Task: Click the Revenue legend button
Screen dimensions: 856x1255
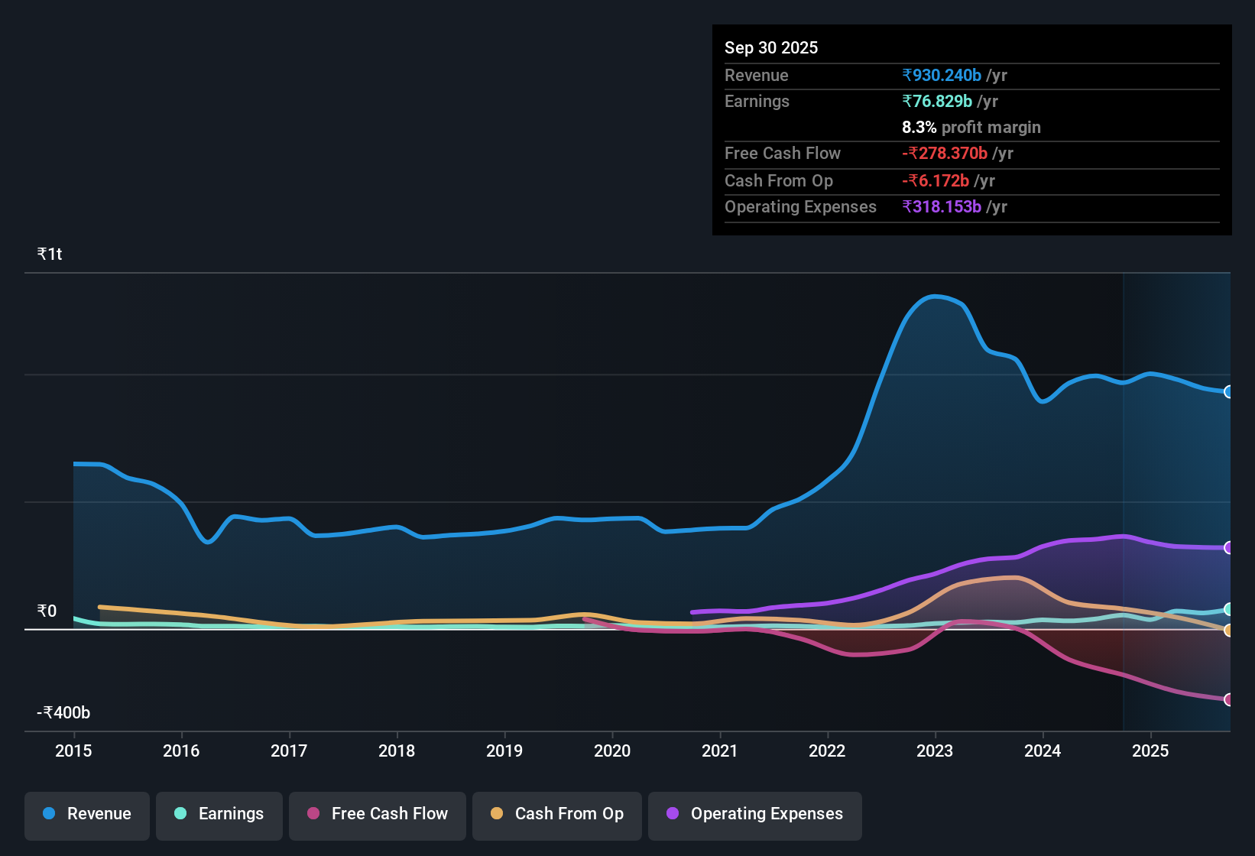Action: pyautogui.click(x=87, y=814)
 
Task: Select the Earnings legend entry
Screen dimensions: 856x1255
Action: pyautogui.click(x=219, y=814)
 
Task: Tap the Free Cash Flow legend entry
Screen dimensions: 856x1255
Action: pyautogui.click(x=378, y=814)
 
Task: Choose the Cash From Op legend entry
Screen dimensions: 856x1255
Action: pyautogui.click(x=557, y=814)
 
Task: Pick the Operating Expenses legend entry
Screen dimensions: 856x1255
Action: pyautogui.click(x=755, y=814)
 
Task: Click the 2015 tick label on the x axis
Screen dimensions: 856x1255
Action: pyautogui.click(x=73, y=751)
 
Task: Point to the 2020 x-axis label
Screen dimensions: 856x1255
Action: pyautogui.click(x=612, y=751)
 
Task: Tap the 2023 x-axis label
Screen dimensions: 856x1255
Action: pyautogui.click(x=935, y=751)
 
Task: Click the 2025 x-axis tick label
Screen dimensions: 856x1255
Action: pyautogui.click(x=1150, y=751)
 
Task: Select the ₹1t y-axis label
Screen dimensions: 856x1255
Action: pyautogui.click(x=50, y=255)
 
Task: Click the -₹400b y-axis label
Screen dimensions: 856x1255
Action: pyautogui.click(x=63, y=712)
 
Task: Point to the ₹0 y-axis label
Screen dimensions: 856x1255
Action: pyautogui.click(x=47, y=611)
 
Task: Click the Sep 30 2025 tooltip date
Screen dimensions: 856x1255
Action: pyautogui.click(x=771, y=47)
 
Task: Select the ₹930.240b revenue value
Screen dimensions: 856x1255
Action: pyautogui.click(x=942, y=75)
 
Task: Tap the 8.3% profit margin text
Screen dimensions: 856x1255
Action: pyautogui.click(x=971, y=127)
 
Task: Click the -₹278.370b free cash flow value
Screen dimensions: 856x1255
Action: pyautogui.click(x=945, y=153)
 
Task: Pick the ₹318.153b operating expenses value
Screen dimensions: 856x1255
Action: pyautogui.click(x=942, y=206)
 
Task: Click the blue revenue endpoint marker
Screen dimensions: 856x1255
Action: pyautogui.click(x=1228, y=392)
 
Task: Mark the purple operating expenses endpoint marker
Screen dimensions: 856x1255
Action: pyautogui.click(x=1228, y=548)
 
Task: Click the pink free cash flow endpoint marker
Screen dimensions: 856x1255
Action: pyautogui.click(x=1228, y=699)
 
